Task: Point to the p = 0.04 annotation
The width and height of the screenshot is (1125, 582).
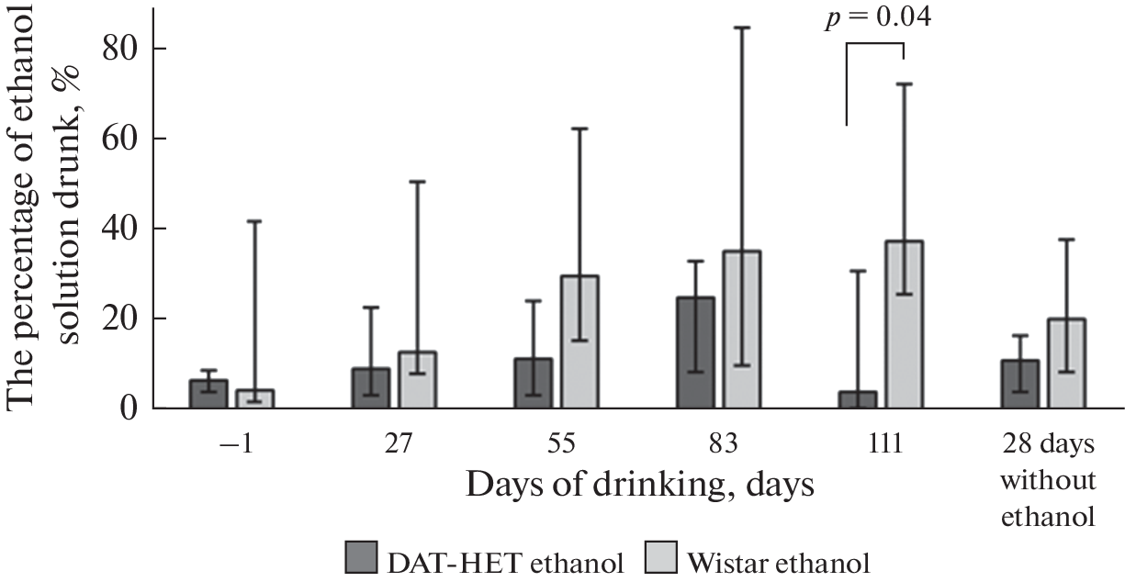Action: (877, 18)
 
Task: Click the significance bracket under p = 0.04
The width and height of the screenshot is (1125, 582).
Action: (874, 45)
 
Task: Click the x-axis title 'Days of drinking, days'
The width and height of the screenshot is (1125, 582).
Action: (639, 485)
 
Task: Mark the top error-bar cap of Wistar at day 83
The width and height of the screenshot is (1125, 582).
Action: (741, 28)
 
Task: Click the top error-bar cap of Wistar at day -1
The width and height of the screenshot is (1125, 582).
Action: (253, 221)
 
